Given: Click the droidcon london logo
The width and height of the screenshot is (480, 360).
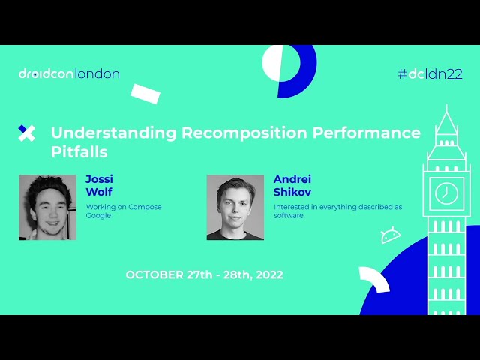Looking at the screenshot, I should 69,73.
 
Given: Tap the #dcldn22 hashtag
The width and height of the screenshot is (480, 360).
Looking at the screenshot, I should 430,73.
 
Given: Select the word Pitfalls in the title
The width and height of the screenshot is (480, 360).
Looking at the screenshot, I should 79,152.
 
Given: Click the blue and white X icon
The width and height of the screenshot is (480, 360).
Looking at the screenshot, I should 26,133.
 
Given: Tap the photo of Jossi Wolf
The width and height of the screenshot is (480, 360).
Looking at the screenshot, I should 47,208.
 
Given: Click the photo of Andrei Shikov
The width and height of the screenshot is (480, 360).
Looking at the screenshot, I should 235,208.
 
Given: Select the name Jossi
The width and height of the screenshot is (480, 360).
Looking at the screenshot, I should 99,179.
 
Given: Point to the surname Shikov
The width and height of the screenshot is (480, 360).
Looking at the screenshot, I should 292,192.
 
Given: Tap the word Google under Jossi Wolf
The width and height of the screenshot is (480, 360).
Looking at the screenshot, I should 98,215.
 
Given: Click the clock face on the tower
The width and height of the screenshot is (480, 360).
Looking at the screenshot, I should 446,193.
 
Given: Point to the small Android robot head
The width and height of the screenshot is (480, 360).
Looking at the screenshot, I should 390,237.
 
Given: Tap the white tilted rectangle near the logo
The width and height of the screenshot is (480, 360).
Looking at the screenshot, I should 145,93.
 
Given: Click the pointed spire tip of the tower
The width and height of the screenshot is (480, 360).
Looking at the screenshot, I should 446,109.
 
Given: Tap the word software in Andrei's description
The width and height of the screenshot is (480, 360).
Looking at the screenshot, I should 289,215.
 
